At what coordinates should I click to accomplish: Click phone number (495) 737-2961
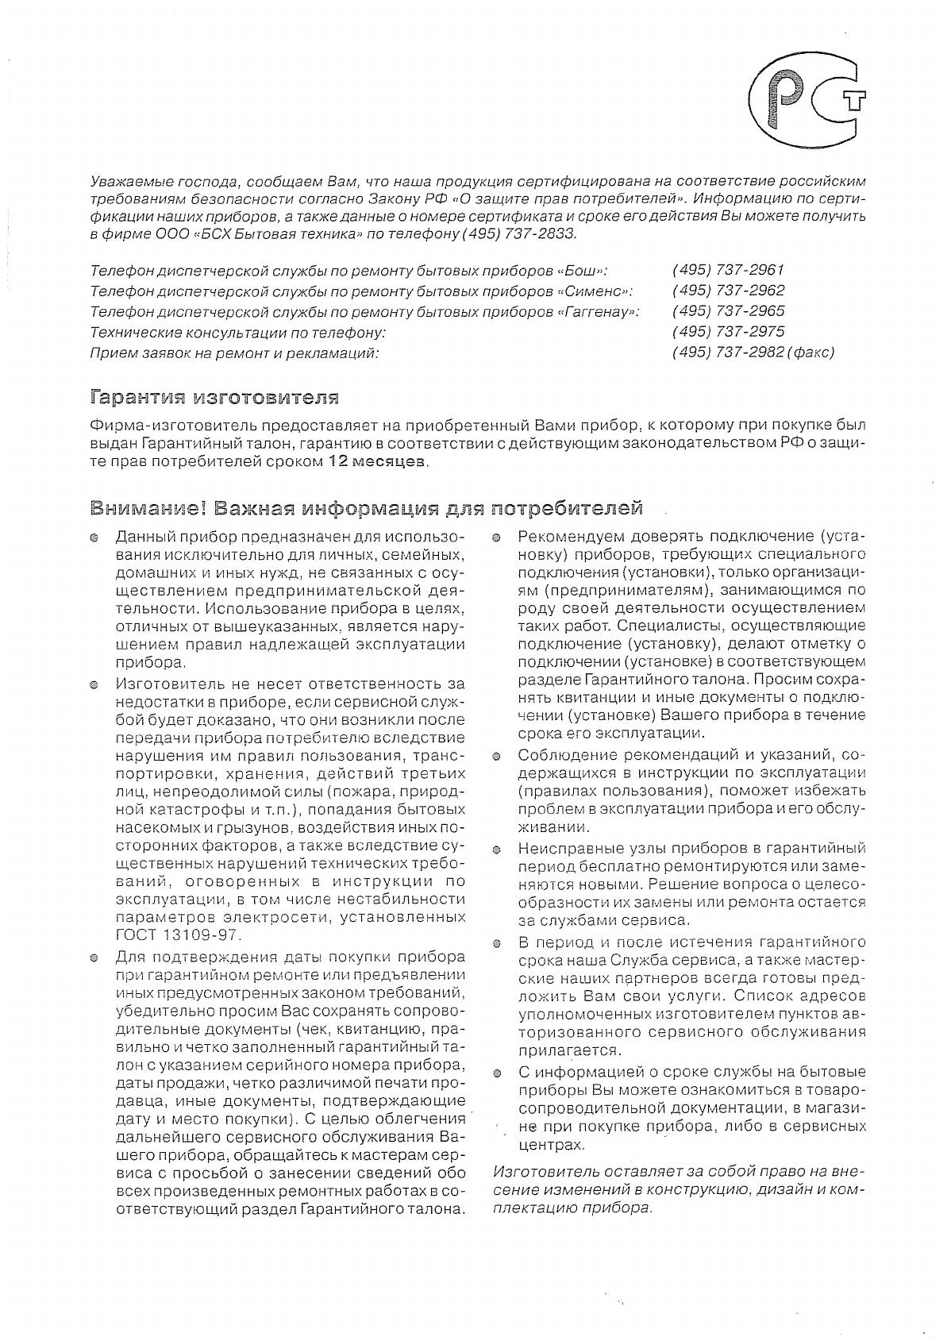(728, 270)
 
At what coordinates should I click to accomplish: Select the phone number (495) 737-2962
(728, 291)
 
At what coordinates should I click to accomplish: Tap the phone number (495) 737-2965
(728, 311)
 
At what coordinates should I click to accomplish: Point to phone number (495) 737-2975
(728, 332)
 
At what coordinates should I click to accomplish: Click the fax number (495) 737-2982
(728, 353)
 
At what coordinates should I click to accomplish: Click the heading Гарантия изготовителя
(215, 396)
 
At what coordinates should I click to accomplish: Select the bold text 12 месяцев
(377, 462)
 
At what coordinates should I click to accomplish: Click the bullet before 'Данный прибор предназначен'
(94, 537)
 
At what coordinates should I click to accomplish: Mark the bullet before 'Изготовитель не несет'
(94, 684)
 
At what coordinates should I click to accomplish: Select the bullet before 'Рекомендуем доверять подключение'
(496, 537)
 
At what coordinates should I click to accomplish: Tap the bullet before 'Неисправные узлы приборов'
(496, 850)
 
